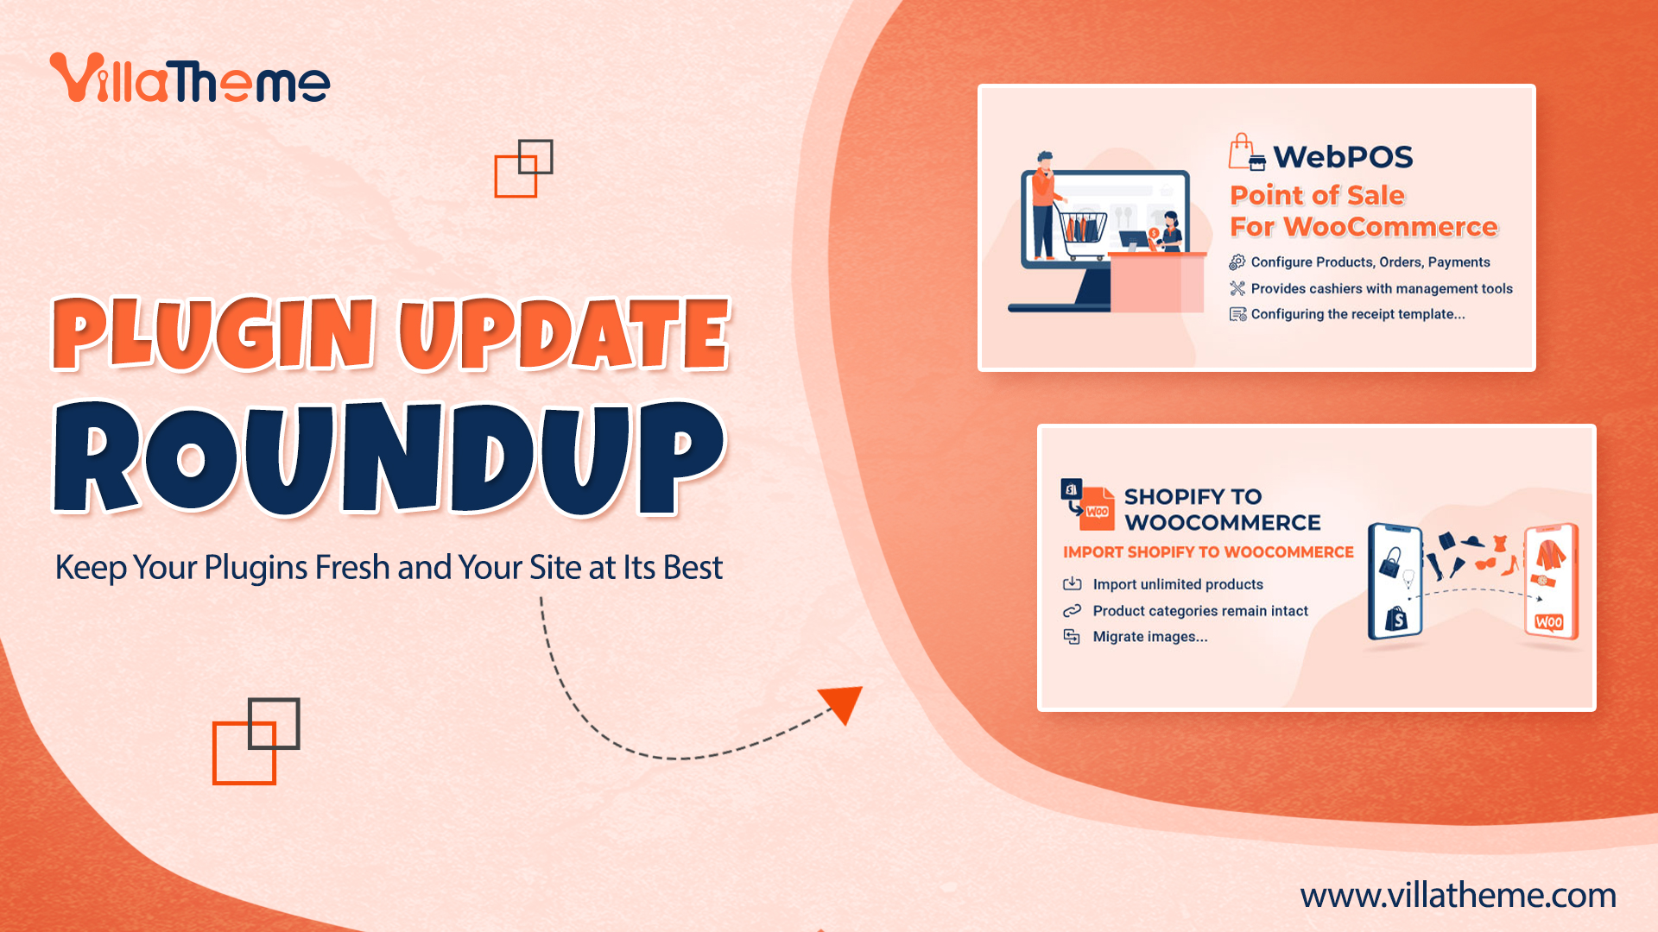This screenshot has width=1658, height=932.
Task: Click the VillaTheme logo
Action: point(190,79)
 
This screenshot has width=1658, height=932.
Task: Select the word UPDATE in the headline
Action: point(565,334)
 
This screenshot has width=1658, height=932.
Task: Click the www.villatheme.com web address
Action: point(1458,896)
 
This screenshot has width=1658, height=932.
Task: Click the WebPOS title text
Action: point(1343,156)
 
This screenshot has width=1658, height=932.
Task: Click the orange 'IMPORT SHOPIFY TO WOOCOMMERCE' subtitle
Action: point(1208,552)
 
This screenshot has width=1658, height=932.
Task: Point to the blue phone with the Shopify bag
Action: point(1395,581)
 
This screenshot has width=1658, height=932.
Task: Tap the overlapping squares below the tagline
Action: point(256,740)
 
